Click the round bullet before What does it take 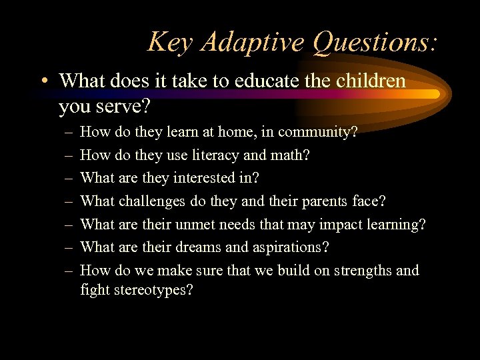tap(43, 82)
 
